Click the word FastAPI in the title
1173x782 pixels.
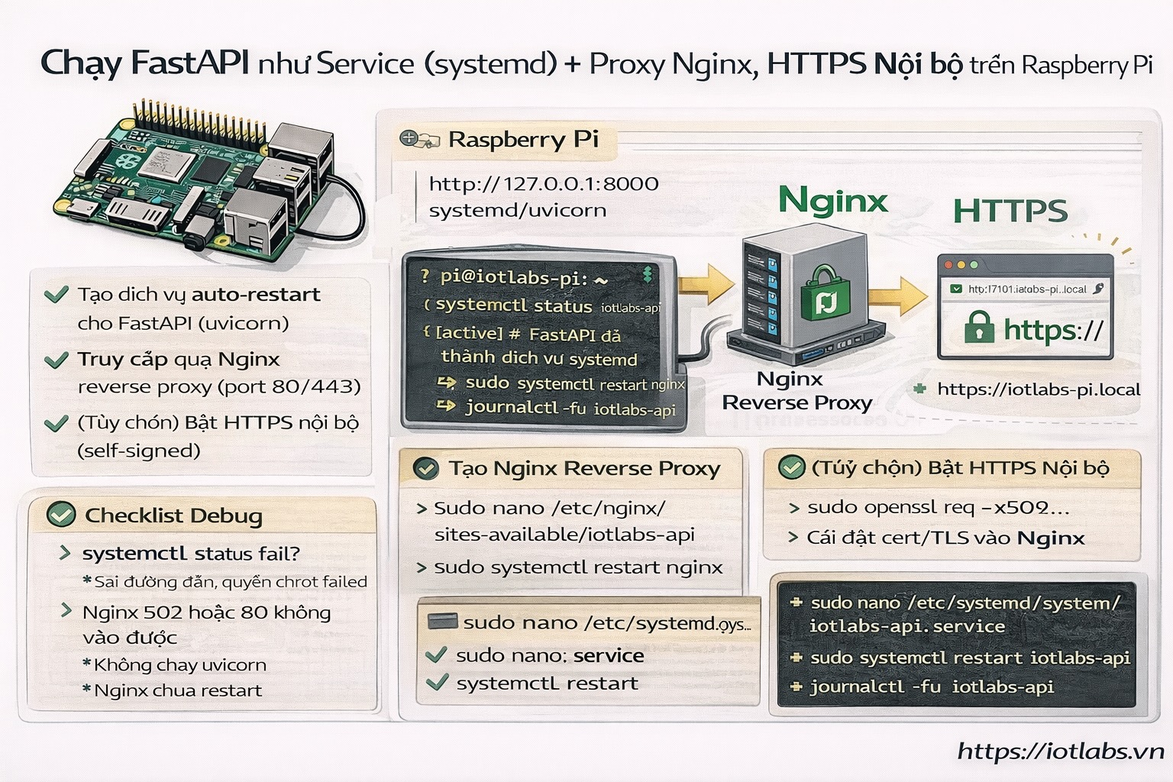189,63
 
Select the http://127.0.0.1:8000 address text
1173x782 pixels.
543,184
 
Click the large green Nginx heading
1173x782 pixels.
833,201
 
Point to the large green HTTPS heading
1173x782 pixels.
1010,211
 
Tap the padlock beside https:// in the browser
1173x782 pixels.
979,327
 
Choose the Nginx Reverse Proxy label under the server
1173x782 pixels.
797,391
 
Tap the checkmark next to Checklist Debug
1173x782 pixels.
61,515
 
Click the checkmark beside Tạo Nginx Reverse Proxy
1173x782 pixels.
425,468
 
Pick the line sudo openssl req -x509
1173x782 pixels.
938,508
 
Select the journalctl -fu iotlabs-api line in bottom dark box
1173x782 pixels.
931,687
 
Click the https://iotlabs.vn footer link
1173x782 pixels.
1061,751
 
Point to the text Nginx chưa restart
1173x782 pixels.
177,690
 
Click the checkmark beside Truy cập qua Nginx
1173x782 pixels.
57,360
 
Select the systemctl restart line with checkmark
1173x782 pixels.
546,683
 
